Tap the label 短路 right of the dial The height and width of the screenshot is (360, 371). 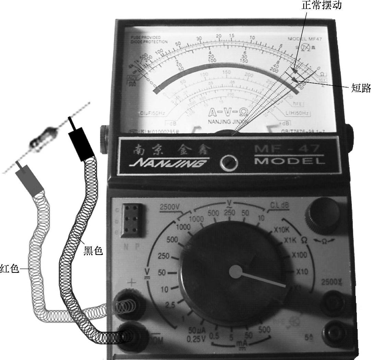pos(361,88)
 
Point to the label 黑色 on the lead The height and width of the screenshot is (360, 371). pos(93,251)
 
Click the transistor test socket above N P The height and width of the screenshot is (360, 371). pos(133,219)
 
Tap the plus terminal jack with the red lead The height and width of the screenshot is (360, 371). pos(128,302)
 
